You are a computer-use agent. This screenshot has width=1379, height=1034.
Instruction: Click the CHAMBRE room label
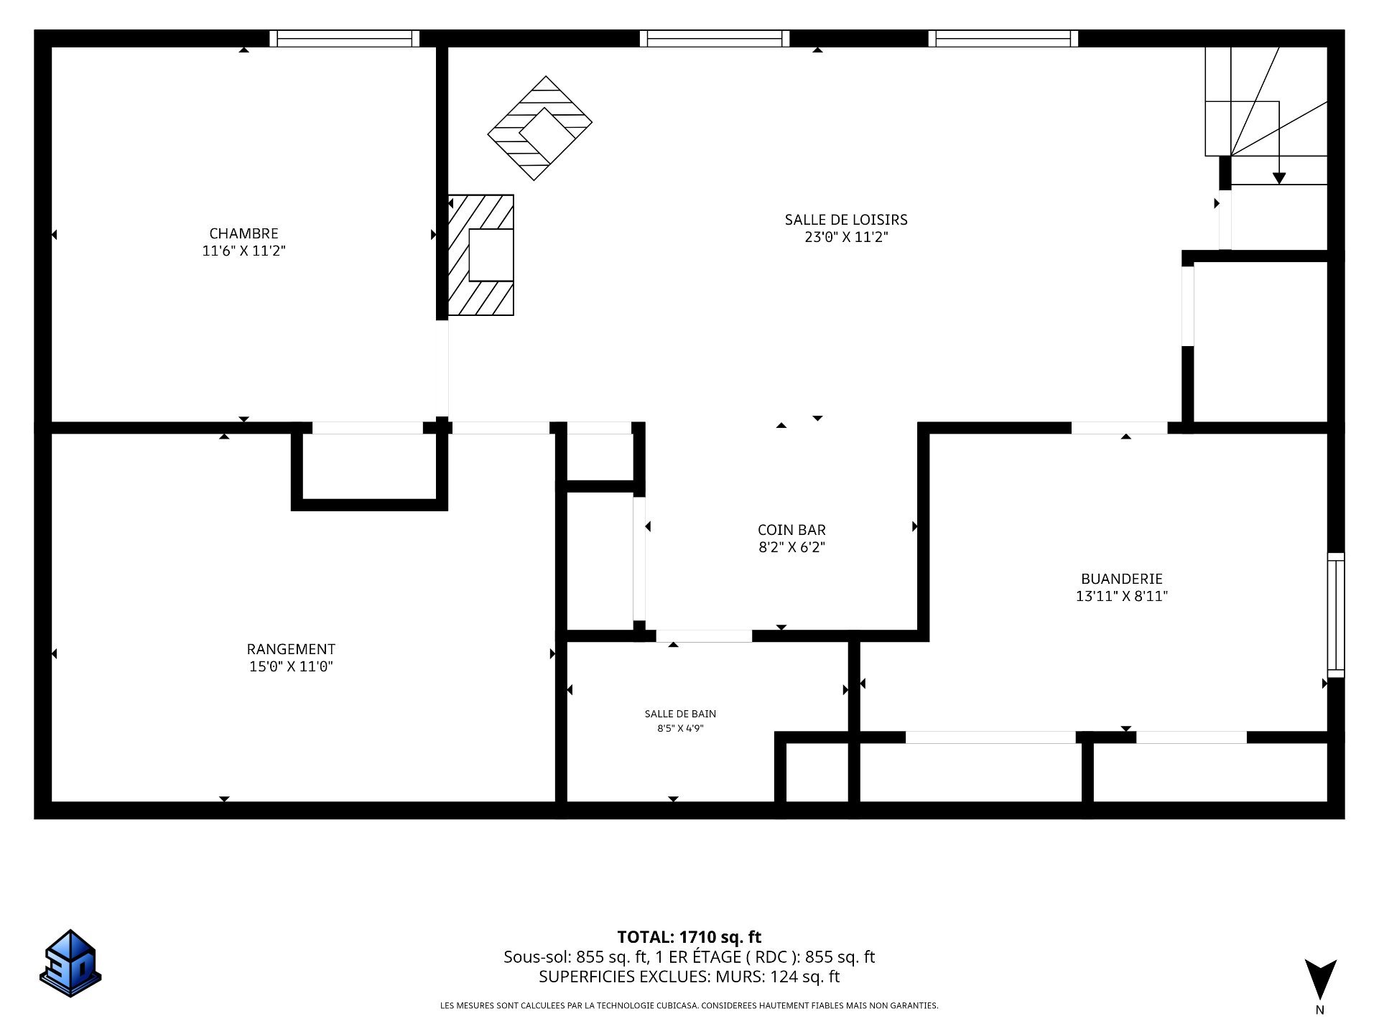click(x=243, y=233)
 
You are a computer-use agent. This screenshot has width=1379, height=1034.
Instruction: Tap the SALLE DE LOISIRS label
click(x=846, y=220)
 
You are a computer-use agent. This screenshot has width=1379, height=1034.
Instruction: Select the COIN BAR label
click(x=791, y=530)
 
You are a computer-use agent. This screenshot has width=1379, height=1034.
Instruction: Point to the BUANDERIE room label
click(x=1122, y=579)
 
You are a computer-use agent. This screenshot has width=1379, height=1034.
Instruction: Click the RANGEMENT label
click(x=291, y=649)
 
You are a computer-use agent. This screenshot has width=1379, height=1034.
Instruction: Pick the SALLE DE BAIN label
click(x=680, y=714)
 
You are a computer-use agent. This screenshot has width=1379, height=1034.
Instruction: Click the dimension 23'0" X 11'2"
click(x=846, y=237)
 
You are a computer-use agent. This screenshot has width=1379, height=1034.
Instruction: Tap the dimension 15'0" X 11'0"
click(x=291, y=666)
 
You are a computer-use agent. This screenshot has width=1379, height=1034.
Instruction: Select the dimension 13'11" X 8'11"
click(x=1122, y=596)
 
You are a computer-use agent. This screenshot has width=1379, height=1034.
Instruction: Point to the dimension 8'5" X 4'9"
click(x=680, y=728)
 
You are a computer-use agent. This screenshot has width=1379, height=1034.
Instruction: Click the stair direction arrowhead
click(x=1278, y=179)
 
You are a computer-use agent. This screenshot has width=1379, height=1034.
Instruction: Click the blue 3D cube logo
click(x=70, y=964)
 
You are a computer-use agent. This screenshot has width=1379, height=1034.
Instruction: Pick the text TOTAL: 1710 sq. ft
click(x=689, y=937)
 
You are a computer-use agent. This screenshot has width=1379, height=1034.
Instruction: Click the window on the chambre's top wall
click(x=345, y=38)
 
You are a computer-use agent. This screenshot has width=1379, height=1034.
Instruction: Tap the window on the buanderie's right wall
click(x=1335, y=615)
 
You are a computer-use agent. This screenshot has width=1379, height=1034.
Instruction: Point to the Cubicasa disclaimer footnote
click(x=689, y=1006)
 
